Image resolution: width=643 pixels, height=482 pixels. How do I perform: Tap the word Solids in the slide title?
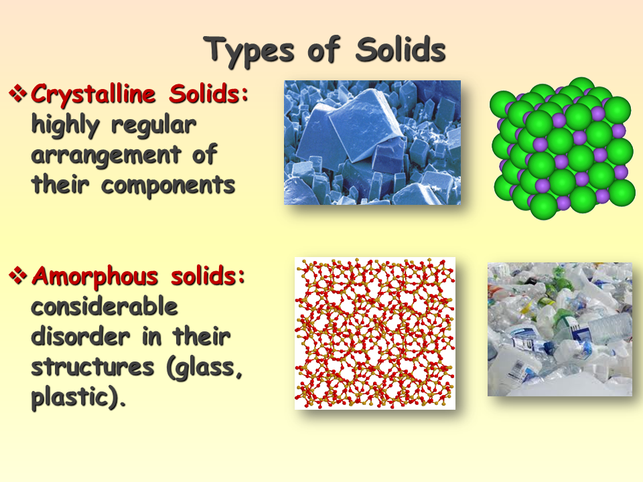(x=401, y=50)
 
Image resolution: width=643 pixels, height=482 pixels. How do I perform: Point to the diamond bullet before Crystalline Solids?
(x=19, y=93)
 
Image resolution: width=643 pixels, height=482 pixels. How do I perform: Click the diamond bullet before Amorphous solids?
(x=19, y=274)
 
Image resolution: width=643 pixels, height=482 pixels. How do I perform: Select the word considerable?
(x=104, y=306)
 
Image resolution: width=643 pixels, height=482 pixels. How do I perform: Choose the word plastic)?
(x=78, y=398)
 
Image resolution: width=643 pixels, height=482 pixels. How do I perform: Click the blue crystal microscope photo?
(x=372, y=142)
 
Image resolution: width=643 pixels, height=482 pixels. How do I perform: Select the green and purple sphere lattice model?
(x=562, y=147)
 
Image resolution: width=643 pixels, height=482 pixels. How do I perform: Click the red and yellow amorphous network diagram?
(x=375, y=333)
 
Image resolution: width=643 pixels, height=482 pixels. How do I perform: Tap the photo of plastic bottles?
(x=559, y=328)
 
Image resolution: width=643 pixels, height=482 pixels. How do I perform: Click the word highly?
(x=66, y=125)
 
